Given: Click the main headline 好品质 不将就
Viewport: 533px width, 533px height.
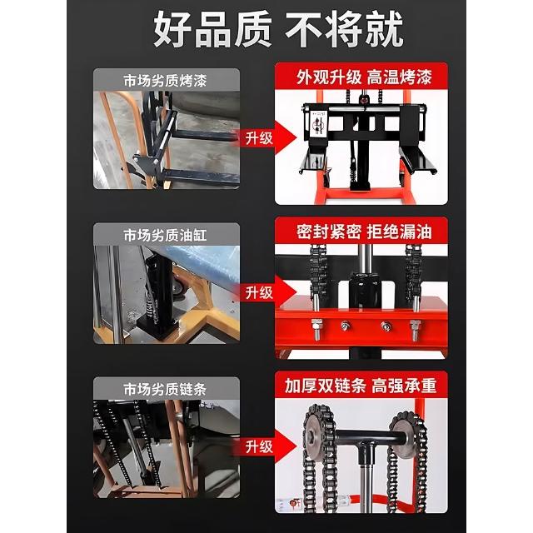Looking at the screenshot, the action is coord(278,29).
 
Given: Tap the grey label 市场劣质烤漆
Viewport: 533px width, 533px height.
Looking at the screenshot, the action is coord(165,81).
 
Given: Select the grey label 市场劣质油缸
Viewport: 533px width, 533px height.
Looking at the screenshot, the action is coord(165,235).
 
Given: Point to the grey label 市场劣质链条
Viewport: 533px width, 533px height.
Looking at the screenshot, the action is coord(165,389).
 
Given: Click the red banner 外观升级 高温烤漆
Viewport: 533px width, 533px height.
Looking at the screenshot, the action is coord(364,77).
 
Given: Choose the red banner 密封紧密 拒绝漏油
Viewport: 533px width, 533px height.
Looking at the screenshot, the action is coord(364,232).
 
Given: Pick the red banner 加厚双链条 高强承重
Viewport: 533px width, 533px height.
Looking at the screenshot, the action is coord(361,386).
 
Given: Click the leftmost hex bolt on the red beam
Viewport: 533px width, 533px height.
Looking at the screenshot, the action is coord(316,329).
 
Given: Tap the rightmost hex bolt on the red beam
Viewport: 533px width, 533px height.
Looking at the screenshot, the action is coord(416,329).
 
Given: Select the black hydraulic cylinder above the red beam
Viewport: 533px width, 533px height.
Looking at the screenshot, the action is coord(365,291).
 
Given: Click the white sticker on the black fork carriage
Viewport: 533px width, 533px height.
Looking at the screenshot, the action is coord(318,124).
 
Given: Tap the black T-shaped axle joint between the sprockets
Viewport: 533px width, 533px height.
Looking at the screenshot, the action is coord(366,447).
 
